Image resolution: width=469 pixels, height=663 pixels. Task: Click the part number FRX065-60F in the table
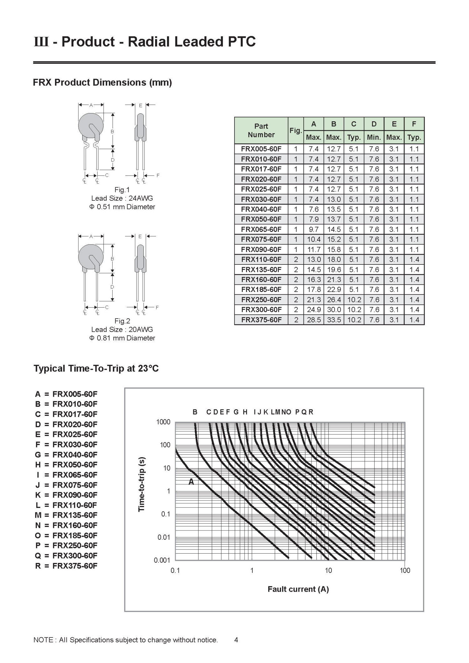tap(261, 229)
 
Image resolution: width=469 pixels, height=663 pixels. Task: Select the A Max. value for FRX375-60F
tap(314, 320)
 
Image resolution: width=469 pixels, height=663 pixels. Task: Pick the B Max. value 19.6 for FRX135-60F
tap(334, 269)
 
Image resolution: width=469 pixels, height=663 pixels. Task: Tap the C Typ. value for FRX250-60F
tap(354, 299)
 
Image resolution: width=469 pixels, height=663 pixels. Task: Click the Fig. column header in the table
tap(295, 130)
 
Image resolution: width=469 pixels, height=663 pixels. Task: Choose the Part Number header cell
tap(261, 130)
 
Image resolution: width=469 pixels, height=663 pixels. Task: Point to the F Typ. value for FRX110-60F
tap(414, 259)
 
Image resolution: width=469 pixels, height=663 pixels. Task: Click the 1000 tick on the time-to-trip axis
tap(163, 422)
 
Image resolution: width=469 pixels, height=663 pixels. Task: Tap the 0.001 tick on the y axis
tap(162, 560)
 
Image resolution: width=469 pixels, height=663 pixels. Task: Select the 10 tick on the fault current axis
tap(328, 570)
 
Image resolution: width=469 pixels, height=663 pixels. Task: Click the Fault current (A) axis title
tap(298, 589)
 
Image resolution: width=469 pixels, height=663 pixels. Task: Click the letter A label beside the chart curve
tap(191, 482)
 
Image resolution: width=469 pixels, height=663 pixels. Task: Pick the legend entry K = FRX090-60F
tap(66, 495)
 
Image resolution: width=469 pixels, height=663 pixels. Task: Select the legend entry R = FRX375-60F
tap(66, 566)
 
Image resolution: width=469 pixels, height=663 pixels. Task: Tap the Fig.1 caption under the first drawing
tap(122, 190)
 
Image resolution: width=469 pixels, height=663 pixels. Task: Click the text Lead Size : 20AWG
tap(122, 329)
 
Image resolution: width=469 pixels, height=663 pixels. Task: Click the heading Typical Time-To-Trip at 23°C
tap(96, 369)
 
